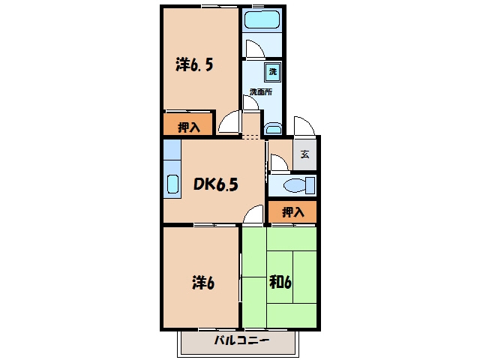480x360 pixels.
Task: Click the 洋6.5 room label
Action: (194, 64)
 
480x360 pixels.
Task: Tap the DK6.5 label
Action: (216, 184)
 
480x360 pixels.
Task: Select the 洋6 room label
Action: (203, 283)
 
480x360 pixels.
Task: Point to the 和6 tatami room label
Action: (280, 282)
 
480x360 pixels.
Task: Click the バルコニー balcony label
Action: (241, 340)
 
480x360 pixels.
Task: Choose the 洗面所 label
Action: (261, 91)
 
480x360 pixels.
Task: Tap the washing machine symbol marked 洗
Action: (272, 72)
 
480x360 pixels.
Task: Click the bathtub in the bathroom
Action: (262, 19)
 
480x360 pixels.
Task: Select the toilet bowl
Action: (295, 185)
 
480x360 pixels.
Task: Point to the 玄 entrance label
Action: (304, 154)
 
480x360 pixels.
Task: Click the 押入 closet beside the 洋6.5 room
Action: (187, 124)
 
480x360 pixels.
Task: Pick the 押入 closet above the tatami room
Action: (292, 211)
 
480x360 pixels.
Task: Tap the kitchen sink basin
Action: (172, 184)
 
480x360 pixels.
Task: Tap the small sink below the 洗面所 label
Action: (273, 129)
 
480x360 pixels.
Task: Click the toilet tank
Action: (310, 185)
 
